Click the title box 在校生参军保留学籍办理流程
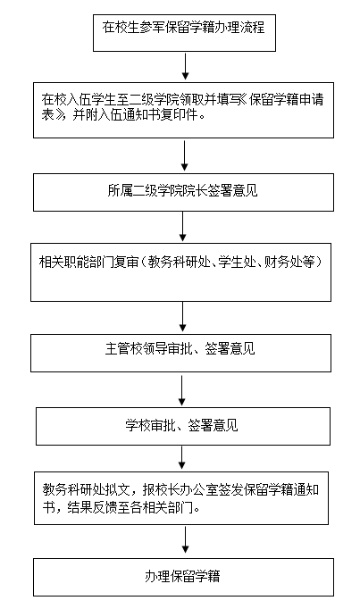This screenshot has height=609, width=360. [x=184, y=33]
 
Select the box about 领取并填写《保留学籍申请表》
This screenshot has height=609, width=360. [x=183, y=110]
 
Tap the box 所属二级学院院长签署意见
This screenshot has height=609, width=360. [x=183, y=192]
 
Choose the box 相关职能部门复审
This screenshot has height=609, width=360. [x=181, y=272]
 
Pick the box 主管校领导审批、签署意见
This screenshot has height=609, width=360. [x=181, y=353]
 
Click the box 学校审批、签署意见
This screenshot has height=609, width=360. [x=183, y=426]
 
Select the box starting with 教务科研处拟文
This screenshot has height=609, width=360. [x=181, y=498]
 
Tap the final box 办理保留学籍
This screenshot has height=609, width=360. [x=183, y=577]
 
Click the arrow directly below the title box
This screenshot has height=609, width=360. [x=185, y=66]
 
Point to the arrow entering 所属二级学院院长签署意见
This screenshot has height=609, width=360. [x=184, y=155]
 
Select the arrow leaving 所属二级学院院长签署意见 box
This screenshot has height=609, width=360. [x=182, y=227]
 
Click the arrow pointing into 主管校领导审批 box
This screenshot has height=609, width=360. [x=182, y=316]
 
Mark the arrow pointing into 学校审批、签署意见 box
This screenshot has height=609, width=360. [x=181, y=390]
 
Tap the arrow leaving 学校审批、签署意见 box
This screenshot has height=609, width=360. [x=181, y=457]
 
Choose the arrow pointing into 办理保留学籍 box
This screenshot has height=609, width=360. [x=185, y=539]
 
